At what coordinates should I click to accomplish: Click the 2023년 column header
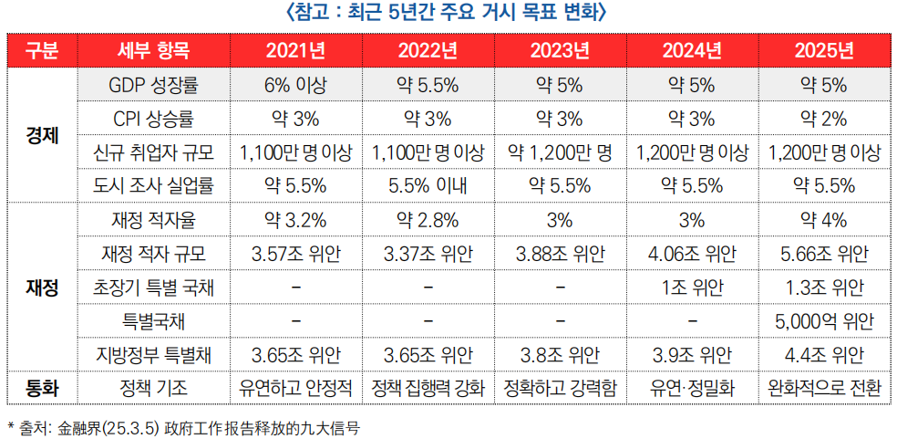(560, 49)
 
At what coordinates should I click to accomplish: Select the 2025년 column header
(824, 49)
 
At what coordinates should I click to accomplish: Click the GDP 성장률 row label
(152, 85)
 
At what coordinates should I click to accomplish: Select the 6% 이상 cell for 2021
(295, 85)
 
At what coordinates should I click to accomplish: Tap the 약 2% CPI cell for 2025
(824, 119)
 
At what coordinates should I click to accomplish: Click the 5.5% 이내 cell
(428, 186)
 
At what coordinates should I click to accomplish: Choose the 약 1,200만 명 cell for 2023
(560, 152)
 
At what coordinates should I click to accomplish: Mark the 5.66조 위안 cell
(824, 254)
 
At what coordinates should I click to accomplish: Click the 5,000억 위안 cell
(824, 321)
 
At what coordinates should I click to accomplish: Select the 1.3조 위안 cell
(824, 287)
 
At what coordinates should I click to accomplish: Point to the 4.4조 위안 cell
(824, 354)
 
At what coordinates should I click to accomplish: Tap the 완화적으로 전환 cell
(824, 388)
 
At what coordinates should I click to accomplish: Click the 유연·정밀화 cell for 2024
(692, 388)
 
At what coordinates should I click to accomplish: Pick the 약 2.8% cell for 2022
(428, 220)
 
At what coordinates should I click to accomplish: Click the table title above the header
(448, 13)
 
